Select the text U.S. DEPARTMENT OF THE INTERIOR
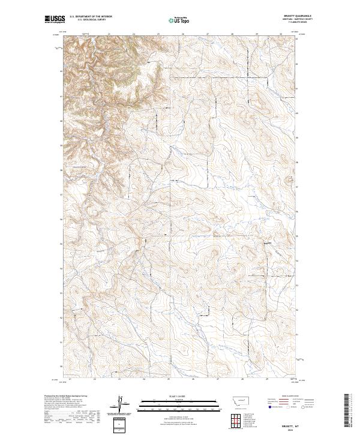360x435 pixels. click(91, 17)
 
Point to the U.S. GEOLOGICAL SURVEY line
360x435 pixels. click(91, 20)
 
